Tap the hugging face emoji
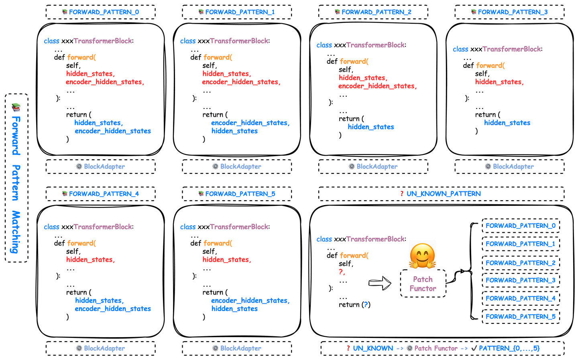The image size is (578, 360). coord(422,256)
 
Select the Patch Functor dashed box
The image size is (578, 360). coord(423,284)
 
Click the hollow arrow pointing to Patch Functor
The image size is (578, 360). coord(380,283)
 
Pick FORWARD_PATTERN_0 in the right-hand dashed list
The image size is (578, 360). coord(521,226)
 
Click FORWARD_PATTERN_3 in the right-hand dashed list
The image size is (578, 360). coord(521,280)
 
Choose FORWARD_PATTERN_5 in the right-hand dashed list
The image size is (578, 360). coord(521,317)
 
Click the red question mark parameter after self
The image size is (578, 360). coord(342,272)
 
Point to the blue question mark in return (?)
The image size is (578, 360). coord(365,305)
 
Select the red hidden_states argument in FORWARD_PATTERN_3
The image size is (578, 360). coord(499,82)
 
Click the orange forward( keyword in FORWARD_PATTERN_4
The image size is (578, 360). coord(81,243)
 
